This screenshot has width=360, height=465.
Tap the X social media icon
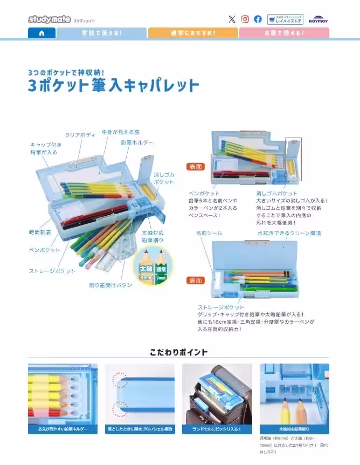point(232,19)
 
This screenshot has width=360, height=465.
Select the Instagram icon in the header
point(245,19)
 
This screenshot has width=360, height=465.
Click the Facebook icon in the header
point(258,19)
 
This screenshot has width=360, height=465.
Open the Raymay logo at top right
point(318,20)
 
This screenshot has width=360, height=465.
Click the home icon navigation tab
point(41,33)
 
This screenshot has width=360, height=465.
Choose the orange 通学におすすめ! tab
point(193,33)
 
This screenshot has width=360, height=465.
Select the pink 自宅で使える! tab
point(283,33)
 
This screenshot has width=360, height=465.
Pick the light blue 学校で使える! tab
point(101,33)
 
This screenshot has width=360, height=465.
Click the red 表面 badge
point(195,167)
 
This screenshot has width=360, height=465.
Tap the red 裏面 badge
point(195,281)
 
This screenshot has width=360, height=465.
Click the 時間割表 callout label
point(39,232)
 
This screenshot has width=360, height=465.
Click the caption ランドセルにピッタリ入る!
point(217,429)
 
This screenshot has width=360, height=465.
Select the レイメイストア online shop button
point(285,19)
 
